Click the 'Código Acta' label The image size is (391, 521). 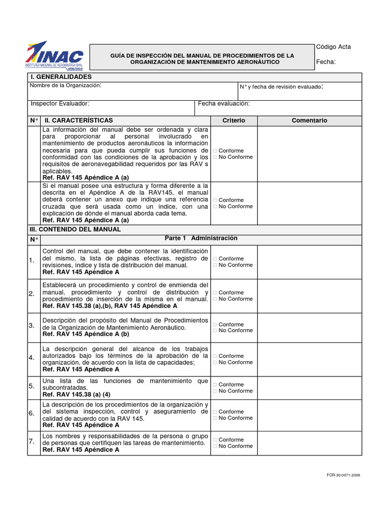333,47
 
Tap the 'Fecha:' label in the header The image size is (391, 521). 326,62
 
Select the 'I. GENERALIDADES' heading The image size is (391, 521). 60,76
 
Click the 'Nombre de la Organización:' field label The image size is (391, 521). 66,85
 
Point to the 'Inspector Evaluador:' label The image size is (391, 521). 60,103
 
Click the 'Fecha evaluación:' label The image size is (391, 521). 224,103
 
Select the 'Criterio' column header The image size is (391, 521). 234,121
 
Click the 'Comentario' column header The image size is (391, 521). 309,121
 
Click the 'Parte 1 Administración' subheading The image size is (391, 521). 201,238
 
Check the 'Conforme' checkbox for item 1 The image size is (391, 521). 215,259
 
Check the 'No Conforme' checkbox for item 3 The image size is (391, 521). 215,331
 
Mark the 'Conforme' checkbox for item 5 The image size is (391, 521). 215,385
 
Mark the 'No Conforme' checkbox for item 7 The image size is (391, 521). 215,446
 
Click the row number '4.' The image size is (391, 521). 32,358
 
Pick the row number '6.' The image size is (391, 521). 32,413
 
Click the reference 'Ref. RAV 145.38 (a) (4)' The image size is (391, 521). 76,394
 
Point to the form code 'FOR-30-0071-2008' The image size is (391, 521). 344,475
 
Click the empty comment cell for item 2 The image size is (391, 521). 309,296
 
